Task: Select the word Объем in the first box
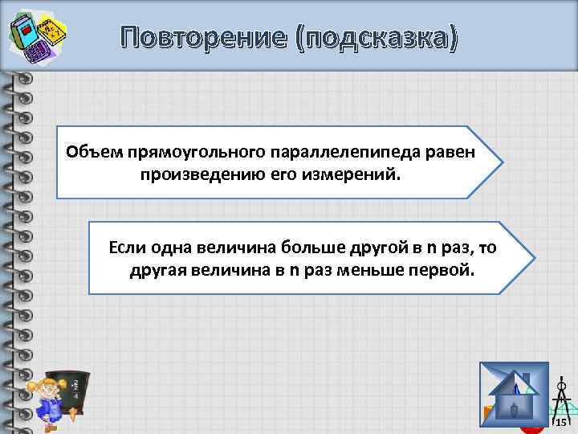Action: click(90, 152)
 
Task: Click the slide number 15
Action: click(561, 423)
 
